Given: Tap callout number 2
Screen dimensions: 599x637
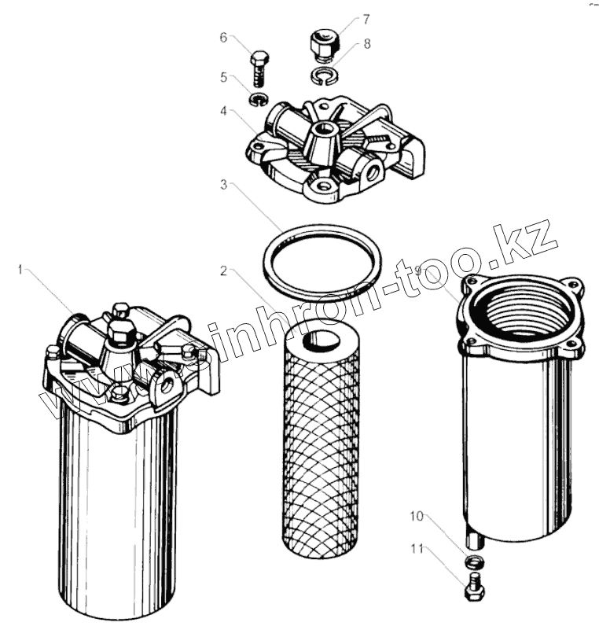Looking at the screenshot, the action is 223,271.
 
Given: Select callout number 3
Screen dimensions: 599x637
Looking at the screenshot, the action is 223,186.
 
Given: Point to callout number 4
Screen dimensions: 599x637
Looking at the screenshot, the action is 223,111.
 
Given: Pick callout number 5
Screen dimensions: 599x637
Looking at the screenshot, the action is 223,77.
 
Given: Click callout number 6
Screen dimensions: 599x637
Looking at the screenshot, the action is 223,37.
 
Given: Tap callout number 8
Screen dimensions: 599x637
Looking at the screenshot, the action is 366,44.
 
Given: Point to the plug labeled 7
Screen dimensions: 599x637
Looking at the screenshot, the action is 322,44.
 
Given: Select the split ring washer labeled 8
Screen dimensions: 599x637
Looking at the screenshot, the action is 322,76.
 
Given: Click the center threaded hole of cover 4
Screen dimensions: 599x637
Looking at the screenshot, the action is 323,128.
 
